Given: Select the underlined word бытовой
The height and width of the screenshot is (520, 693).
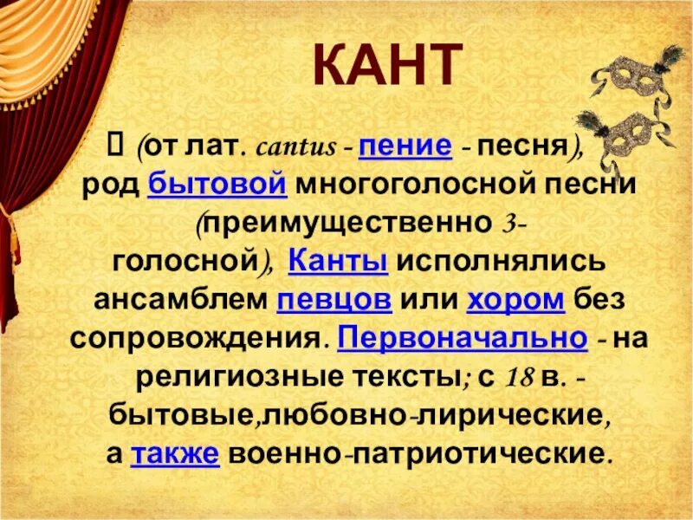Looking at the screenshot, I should (x=217, y=184).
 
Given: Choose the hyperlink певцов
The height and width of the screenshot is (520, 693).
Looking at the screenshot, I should (x=334, y=299).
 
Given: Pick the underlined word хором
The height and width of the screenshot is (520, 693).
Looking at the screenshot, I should (x=515, y=299).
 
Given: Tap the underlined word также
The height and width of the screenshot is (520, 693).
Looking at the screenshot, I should (x=166, y=452).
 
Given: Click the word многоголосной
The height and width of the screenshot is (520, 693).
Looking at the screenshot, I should (x=406, y=184).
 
